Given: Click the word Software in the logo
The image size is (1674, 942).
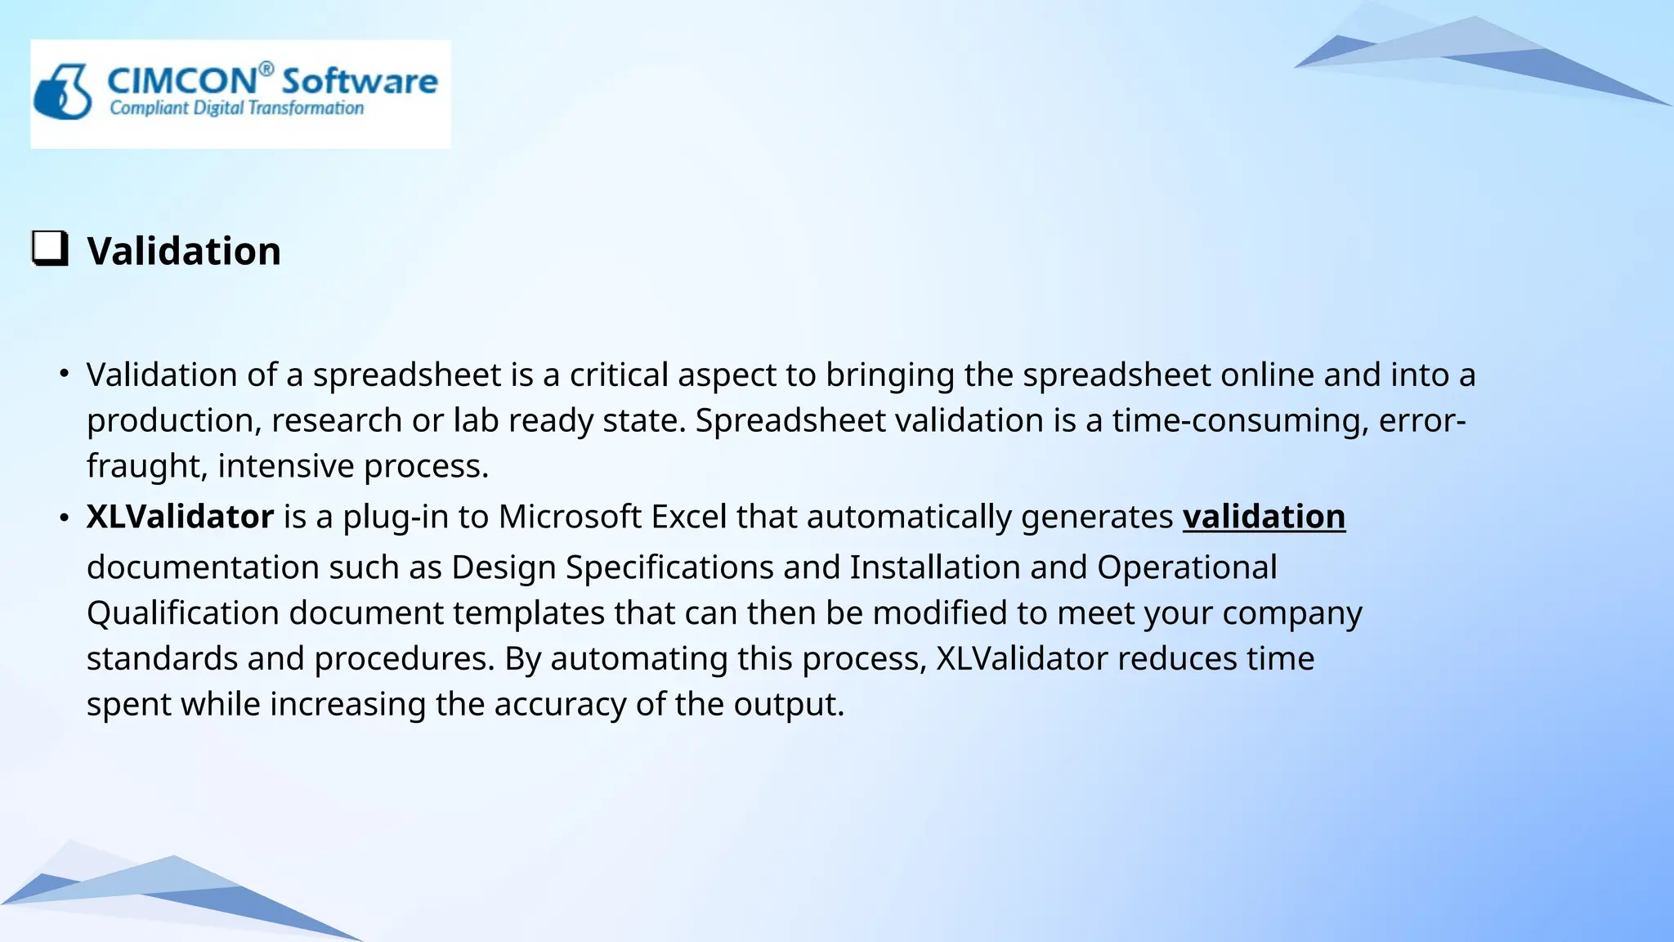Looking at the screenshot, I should (x=360, y=81).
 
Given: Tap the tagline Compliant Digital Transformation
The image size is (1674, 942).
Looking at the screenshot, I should (x=237, y=108).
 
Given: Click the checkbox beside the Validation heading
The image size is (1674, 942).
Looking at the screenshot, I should (x=50, y=248).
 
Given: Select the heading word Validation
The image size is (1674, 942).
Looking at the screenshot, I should (x=184, y=251).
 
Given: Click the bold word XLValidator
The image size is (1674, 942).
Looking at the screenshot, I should (x=180, y=517).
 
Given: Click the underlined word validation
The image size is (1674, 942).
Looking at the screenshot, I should (x=1264, y=517).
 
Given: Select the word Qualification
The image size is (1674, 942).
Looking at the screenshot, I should (x=183, y=613).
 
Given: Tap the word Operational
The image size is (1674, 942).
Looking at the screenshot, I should (x=1187, y=567).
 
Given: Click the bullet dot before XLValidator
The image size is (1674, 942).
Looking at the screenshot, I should (x=64, y=518).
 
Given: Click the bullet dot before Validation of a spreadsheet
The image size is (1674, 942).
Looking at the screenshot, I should (x=64, y=375).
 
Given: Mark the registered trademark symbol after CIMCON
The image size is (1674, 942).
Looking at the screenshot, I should (x=266, y=69).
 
